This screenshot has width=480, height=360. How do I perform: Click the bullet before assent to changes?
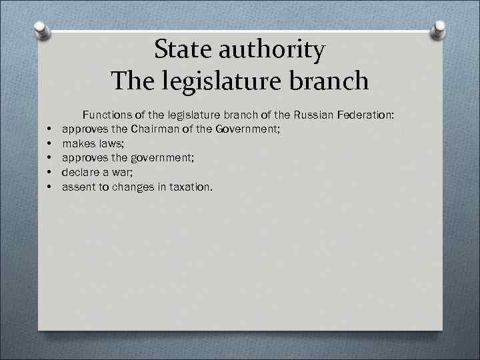pos(50,188)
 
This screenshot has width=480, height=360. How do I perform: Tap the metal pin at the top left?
pos(42,30)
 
